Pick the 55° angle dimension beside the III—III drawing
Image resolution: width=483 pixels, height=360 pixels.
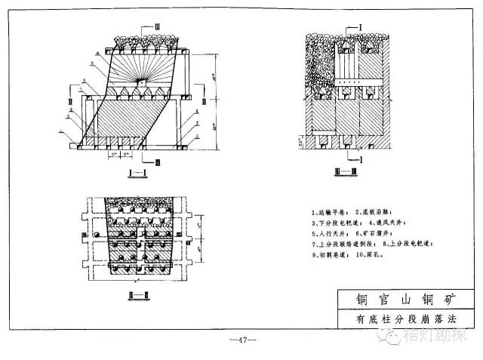tap(303, 140)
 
